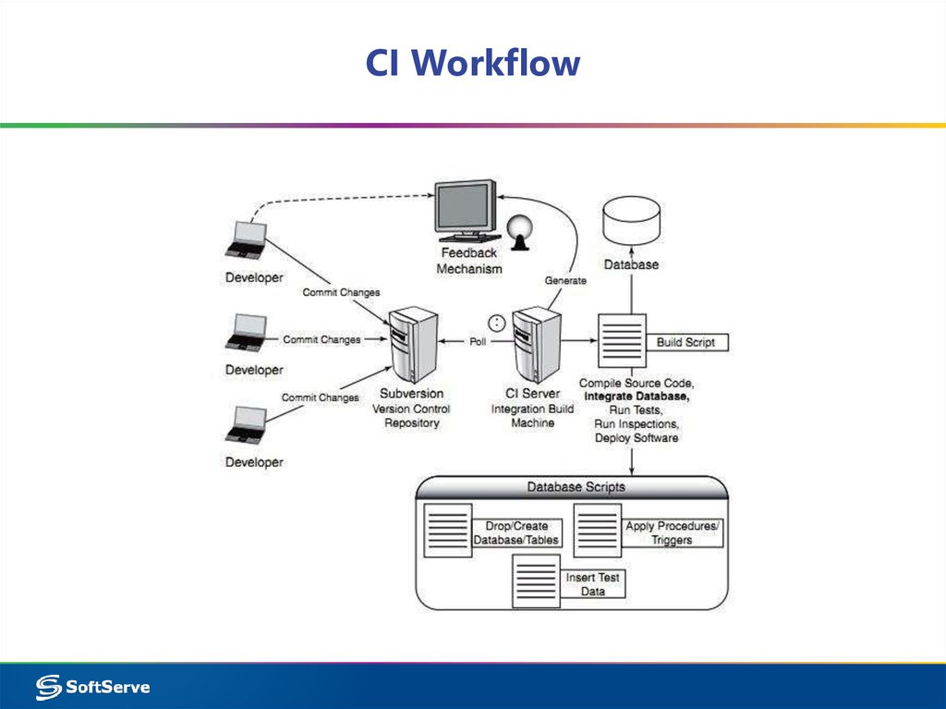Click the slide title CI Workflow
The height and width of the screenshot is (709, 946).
point(472,64)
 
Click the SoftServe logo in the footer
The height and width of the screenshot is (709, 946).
point(92,687)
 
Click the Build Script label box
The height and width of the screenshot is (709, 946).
point(685,342)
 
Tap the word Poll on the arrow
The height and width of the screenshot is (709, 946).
point(478,342)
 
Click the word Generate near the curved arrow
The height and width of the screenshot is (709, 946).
point(565,280)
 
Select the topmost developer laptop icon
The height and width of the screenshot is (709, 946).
point(247,241)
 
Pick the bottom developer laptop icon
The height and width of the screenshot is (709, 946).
point(247,425)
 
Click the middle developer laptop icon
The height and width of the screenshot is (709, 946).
point(247,333)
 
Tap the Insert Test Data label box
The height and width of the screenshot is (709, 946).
point(592,584)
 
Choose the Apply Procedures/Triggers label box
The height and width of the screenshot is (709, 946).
point(671,532)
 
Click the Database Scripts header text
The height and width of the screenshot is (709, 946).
point(576,486)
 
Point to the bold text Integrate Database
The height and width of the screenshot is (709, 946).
point(637,396)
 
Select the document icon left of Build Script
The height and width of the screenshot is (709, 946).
point(620,343)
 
